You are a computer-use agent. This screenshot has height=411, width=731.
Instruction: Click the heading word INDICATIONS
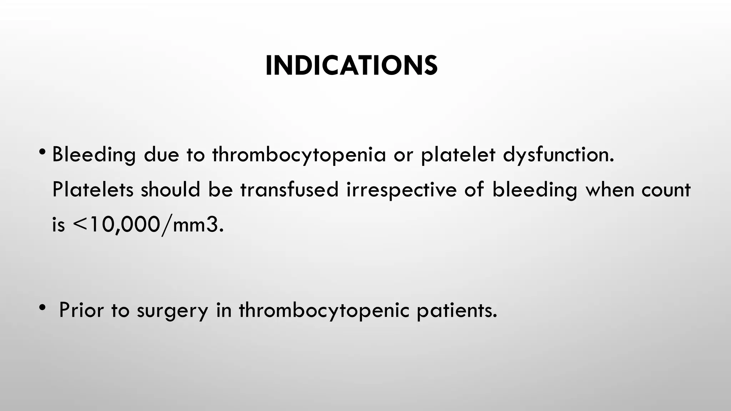(351, 66)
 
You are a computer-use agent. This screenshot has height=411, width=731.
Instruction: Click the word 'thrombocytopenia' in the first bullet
(299, 155)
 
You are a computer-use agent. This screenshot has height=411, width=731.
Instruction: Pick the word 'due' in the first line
(161, 155)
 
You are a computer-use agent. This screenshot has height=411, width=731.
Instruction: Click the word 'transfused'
(289, 190)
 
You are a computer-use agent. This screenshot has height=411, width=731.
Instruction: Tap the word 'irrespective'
(402, 190)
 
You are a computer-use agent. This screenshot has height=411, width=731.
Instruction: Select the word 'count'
(666, 190)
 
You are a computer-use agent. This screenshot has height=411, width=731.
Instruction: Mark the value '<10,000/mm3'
(148, 225)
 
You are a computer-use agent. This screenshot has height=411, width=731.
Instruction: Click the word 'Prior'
(81, 310)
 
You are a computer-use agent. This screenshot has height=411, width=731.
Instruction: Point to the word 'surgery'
(172, 310)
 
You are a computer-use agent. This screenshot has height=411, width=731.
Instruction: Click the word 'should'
(170, 190)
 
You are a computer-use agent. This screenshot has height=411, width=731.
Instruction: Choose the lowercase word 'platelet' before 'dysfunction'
(458, 155)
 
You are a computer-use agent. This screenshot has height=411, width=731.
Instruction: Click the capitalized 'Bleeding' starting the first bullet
(94, 155)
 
